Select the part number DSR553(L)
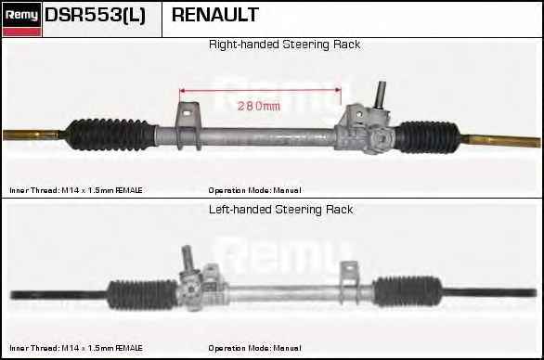click(95, 16)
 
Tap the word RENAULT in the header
click(215, 16)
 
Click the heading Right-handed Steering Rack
click(284, 45)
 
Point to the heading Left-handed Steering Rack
click(280, 210)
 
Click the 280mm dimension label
click(259, 106)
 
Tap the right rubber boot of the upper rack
click(428, 136)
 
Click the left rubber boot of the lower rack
click(142, 294)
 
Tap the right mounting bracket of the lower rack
click(348, 277)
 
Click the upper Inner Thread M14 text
click(75, 189)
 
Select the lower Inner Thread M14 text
click(75, 348)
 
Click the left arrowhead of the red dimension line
click(181, 90)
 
